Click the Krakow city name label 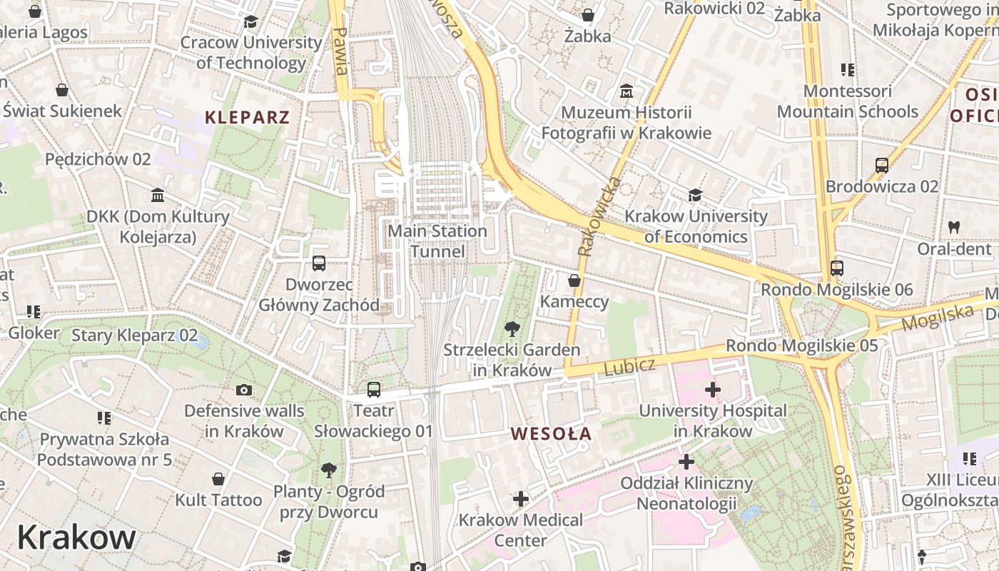[76, 537]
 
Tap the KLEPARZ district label [248, 118]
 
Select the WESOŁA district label [552, 433]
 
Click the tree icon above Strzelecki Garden [512, 329]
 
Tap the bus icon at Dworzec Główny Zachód [319, 263]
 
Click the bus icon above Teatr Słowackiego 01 [374, 390]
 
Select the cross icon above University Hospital [712, 390]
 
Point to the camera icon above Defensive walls [244, 390]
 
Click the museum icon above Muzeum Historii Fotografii [627, 91]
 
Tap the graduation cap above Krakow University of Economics [695, 195]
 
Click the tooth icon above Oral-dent [954, 228]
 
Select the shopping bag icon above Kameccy [574, 281]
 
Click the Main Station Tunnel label [437, 241]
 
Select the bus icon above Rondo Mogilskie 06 [837, 269]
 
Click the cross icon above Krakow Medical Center [521, 499]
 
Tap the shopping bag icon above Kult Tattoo [218, 479]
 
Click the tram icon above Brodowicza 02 [882, 166]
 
